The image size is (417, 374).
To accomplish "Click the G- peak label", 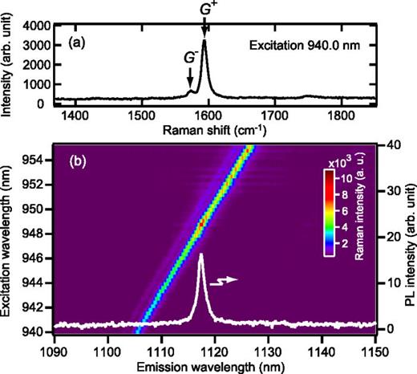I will click(189, 57).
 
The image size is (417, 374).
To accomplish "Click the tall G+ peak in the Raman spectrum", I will click(204, 40).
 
